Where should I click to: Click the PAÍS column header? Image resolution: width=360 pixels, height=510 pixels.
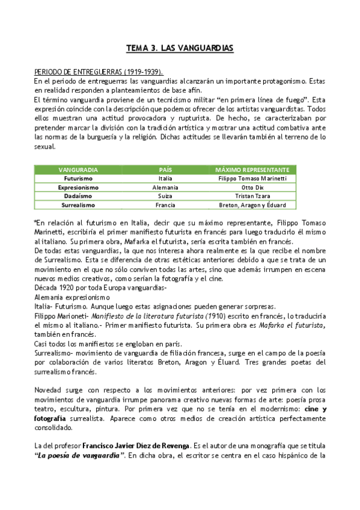[165, 170]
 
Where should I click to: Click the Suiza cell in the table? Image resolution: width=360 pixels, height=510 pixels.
[165, 196]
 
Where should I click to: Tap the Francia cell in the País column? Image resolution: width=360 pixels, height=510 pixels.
[165, 205]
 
